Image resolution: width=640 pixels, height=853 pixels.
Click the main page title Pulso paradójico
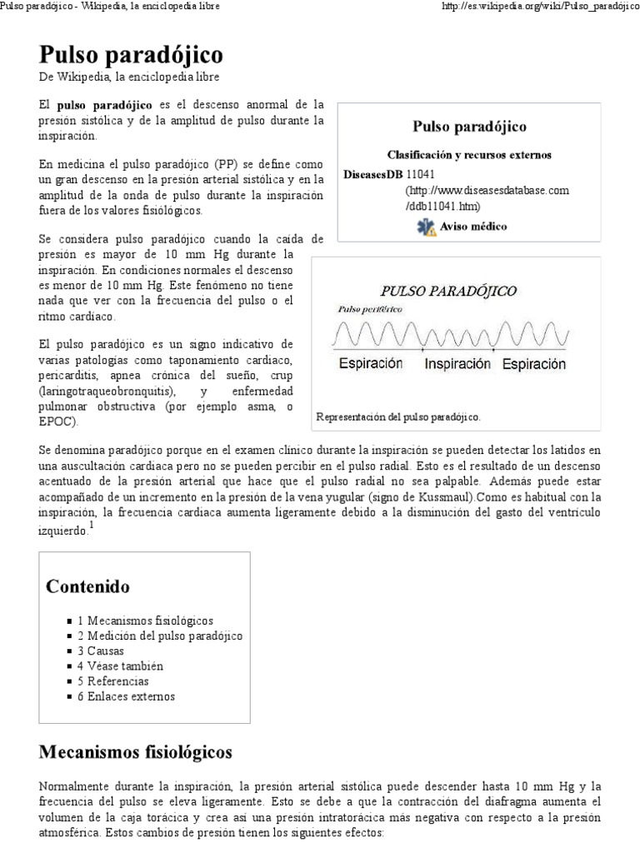[132, 55]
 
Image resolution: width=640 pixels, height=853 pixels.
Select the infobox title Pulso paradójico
[469, 127]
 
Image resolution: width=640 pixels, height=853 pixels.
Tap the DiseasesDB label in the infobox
[373, 175]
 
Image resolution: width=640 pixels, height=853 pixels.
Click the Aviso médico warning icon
[426, 227]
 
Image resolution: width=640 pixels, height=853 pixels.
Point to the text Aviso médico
[473, 227]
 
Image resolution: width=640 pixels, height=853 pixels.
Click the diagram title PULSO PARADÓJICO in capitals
[448, 291]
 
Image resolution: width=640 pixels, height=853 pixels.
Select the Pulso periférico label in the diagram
[369, 309]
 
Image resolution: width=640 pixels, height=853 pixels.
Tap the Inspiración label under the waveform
[457, 364]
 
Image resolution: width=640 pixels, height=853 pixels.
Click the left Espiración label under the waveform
[370, 364]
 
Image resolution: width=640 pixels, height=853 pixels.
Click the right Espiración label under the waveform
[533, 364]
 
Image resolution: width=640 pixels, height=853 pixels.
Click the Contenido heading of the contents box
[88, 586]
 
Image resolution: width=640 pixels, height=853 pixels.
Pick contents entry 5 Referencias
[113, 681]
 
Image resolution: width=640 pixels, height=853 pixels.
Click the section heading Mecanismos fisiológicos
[136, 752]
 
